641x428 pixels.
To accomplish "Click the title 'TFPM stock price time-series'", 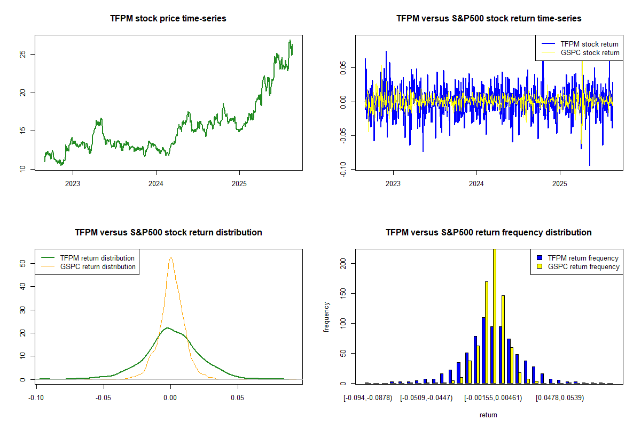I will click(x=168, y=19).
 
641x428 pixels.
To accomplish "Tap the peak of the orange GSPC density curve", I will click(x=170, y=257).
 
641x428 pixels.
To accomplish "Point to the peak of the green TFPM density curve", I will click(x=167, y=327).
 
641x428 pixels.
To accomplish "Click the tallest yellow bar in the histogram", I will click(x=495, y=316).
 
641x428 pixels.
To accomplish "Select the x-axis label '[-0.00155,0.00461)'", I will click(x=493, y=398).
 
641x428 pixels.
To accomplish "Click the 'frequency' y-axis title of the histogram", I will click(x=327, y=317).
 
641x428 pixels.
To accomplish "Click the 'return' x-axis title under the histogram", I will click(x=488, y=415).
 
